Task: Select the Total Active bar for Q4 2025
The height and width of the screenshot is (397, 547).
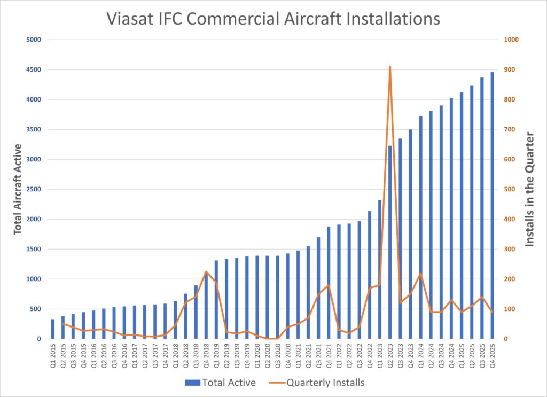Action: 492,205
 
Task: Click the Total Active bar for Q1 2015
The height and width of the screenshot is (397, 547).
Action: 53,329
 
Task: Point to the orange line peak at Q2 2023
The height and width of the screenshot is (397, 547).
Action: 390,67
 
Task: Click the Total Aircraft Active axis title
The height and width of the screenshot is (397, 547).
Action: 18,189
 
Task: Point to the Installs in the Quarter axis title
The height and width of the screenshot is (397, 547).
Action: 530,189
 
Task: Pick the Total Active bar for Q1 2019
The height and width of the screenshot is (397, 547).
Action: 216,299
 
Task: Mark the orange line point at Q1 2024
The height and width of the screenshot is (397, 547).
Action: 420,273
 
